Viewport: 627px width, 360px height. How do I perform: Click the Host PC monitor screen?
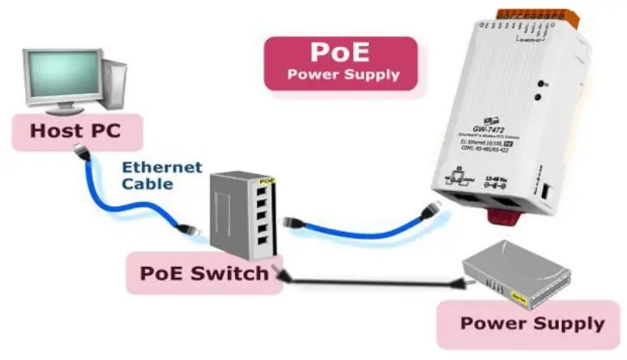(62, 75)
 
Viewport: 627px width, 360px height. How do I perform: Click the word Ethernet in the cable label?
(162, 168)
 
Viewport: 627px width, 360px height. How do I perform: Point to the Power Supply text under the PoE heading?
(344, 76)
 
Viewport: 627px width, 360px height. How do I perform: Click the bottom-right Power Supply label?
(532, 323)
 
